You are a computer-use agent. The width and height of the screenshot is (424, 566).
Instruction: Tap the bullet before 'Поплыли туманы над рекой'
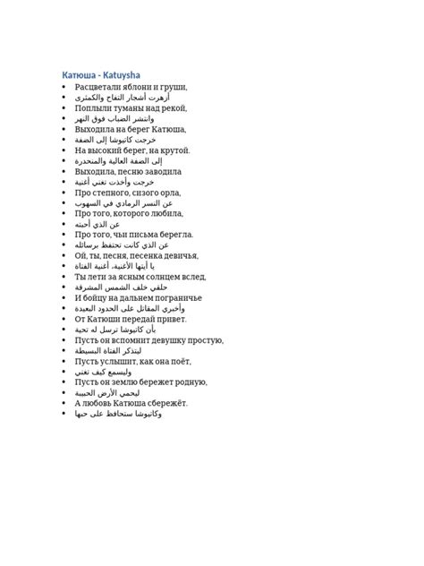coord(64,108)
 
